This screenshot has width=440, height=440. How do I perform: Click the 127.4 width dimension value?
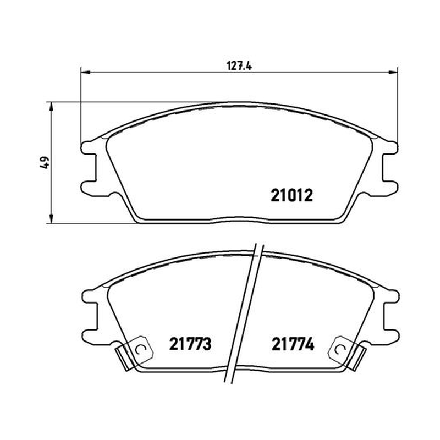point(239,66)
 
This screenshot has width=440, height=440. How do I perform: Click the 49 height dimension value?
point(45,162)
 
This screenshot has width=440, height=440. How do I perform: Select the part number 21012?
point(291,196)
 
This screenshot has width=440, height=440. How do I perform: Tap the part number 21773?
point(190,344)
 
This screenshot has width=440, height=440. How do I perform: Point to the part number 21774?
point(293,344)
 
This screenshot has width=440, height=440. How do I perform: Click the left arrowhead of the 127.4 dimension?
point(85,73)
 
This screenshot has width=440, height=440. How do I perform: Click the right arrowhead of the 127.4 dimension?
point(393,73)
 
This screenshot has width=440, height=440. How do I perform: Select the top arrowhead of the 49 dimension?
point(51,107)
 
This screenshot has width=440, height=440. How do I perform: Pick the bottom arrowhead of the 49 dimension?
point(51,218)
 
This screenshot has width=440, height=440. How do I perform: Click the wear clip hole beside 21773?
point(140,349)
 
